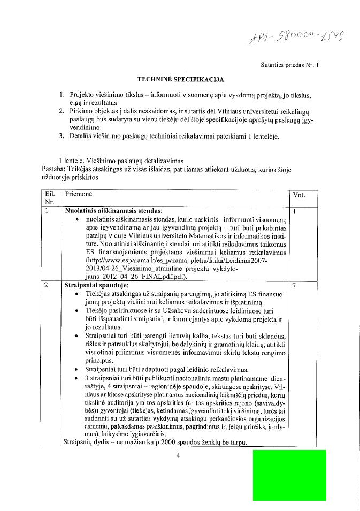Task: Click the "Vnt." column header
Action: (x=299, y=195)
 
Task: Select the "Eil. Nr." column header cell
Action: (x=50, y=199)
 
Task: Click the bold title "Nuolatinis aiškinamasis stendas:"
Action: (x=113, y=211)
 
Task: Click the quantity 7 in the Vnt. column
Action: (x=295, y=286)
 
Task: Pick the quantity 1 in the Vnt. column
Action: (x=295, y=211)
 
